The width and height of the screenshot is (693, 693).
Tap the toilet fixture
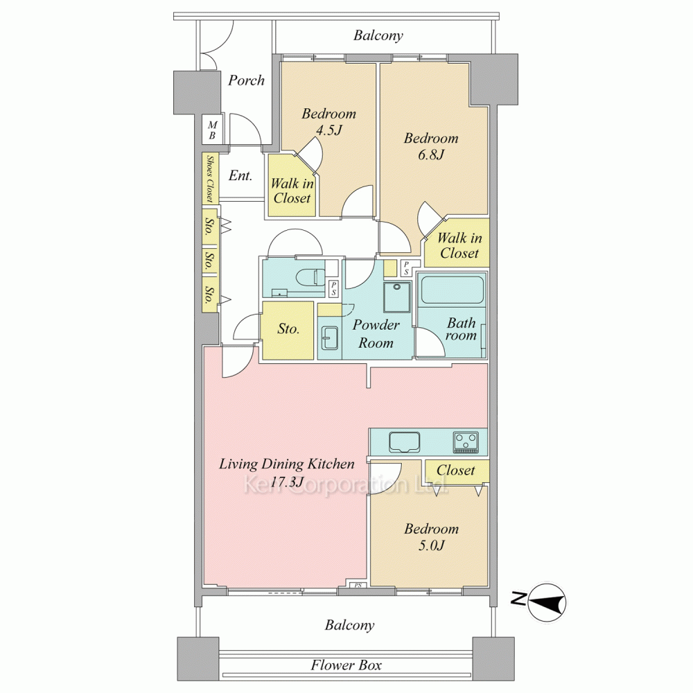click(x=308, y=277)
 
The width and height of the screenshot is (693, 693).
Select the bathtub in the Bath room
click(x=451, y=290)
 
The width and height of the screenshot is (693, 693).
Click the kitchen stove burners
click(x=466, y=442)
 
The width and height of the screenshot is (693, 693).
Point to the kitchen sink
click(x=405, y=442)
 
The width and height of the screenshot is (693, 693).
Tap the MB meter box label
click(x=212, y=131)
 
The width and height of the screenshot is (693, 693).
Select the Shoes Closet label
click(x=210, y=178)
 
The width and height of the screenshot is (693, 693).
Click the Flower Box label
click(x=346, y=665)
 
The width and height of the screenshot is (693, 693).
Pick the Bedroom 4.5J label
click(x=328, y=121)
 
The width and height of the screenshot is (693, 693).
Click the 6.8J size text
click(x=431, y=155)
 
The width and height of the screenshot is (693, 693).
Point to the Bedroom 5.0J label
click(x=431, y=537)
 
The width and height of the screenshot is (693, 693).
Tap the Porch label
click(x=246, y=80)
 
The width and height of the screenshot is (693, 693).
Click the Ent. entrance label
click(x=240, y=176)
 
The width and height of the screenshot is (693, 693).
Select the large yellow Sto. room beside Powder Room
click(x=288, y=330)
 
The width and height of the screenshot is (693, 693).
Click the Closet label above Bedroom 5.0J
click(x=456, y=470)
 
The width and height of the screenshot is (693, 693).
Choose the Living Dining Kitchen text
click(x=287, y=464)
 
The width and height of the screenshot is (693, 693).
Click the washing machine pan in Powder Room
click(x=397, y=297)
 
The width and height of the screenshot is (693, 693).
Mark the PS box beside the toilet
click(x=334, y=288)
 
